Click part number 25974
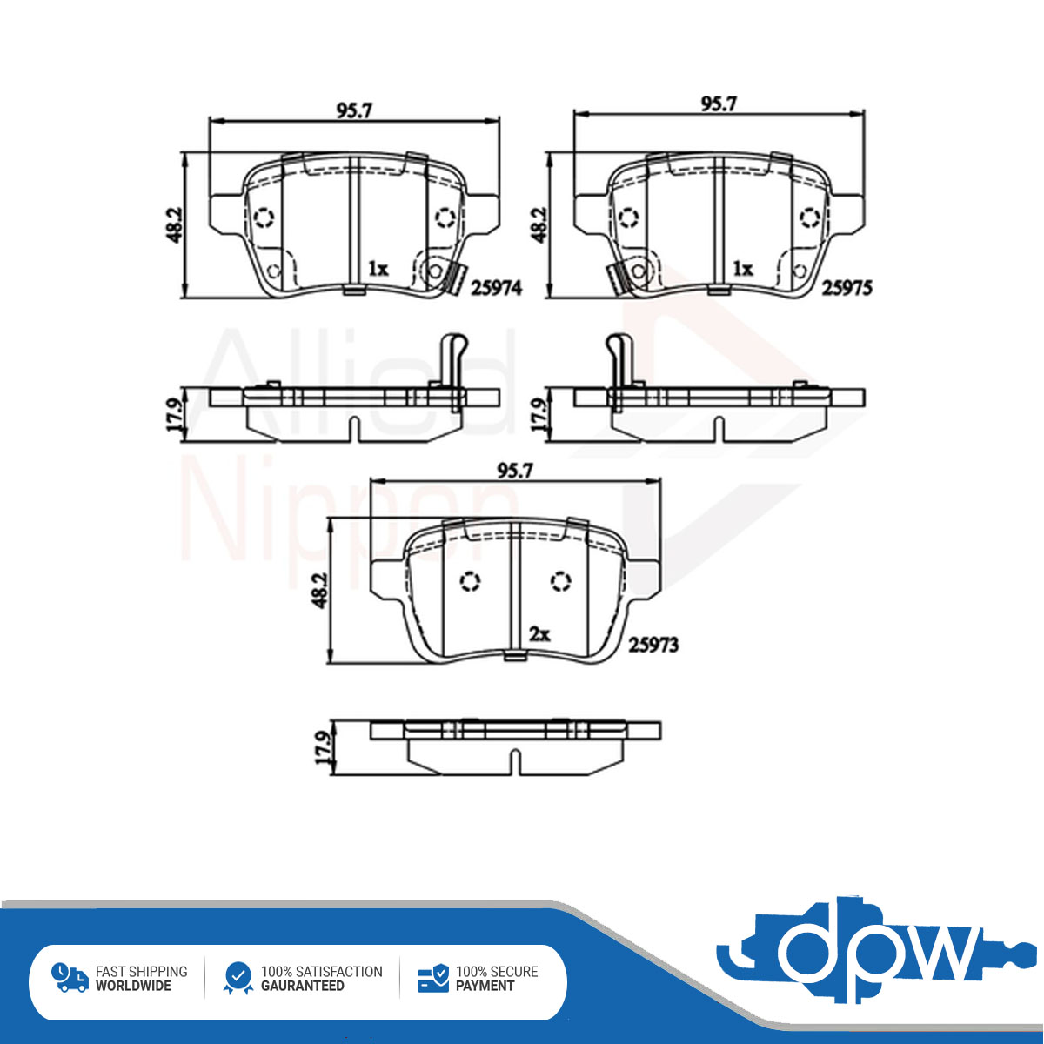pos(496,288)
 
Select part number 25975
pos(847,288)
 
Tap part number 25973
pos(652,645)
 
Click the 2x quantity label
pos(539,634)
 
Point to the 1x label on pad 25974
pos(378,268)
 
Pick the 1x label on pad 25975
pos(743,268)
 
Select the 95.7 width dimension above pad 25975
pos(719,104)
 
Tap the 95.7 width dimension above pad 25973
pos(515,471)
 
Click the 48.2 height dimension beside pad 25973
pos(321,590)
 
